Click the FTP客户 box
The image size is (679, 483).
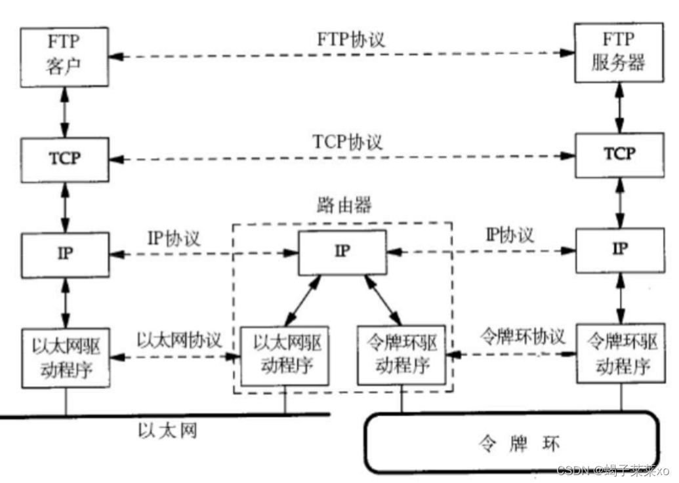64,57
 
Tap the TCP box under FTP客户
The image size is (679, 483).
64,160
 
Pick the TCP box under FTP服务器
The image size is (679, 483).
618,155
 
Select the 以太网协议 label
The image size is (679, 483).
178,340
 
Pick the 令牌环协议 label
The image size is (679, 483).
522,337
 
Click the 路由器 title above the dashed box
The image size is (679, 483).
342,206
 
